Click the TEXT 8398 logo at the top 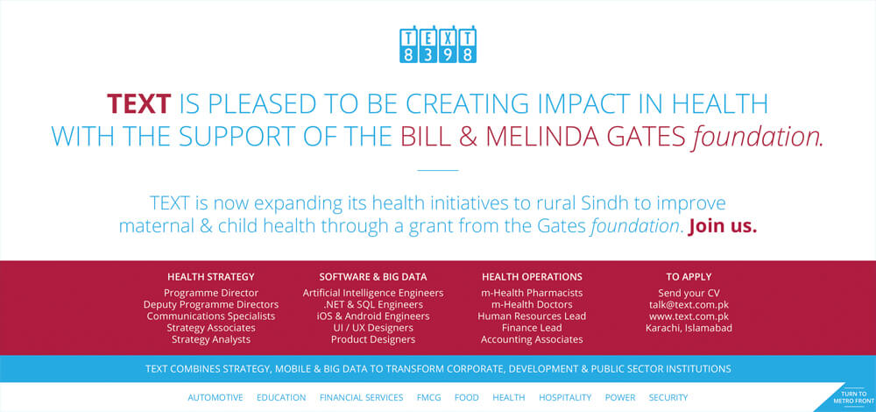[438, 44]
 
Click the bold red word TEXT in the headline [139, 104]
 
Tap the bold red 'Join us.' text [723, 226]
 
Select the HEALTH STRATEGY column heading [210, 277]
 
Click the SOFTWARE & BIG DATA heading [373, 277]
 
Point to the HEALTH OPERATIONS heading [532, 277]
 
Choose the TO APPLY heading [689, 277]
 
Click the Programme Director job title [211, 293]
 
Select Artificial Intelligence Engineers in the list [373, 293]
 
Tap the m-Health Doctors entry [532, 305]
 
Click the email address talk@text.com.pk [689, 305]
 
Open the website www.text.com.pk [689, 316]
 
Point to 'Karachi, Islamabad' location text [689, 328]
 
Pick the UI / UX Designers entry [373, 328]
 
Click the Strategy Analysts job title [211, 339]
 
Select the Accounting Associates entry [532, 339]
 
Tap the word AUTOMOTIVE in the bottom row [215, 397]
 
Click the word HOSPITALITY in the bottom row [565, 397]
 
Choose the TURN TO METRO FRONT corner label [852, 397]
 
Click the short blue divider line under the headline [438, 170]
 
